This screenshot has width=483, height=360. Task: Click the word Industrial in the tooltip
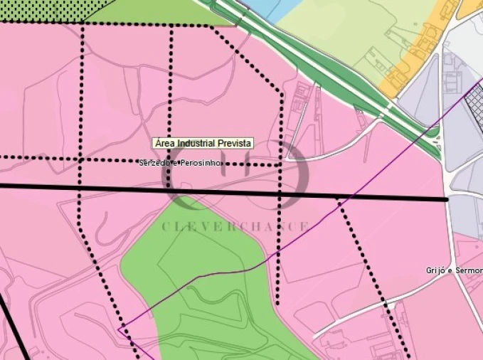pos(197,144)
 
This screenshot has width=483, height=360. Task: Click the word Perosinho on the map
pos(202,164)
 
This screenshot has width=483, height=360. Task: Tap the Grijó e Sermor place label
pos(454,270)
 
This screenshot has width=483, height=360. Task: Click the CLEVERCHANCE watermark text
pos(235,226)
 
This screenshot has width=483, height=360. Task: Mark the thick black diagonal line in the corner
pos(14,327)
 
